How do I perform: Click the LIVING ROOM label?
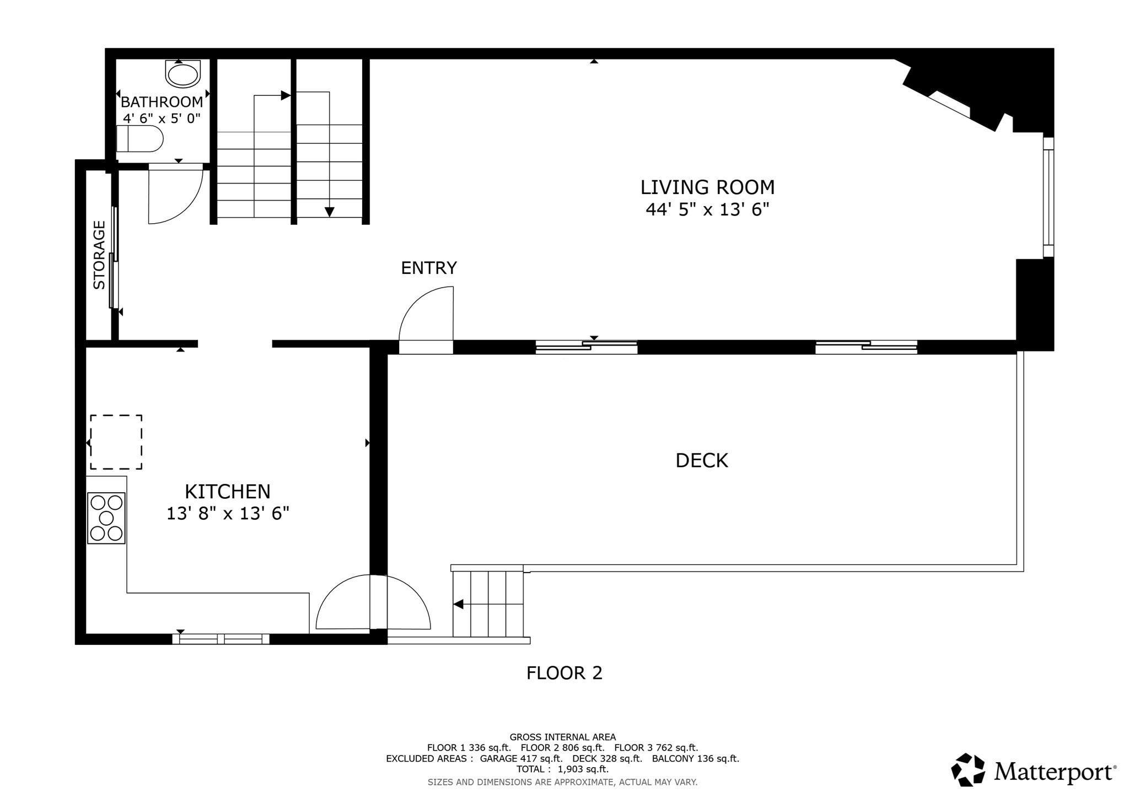tap(707, 187)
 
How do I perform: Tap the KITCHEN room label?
tap(227, 491)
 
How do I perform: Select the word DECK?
tap(702, 461)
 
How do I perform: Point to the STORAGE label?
tap(99, 255)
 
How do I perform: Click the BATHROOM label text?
tap(162, 102)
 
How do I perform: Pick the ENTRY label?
tap(429, 268)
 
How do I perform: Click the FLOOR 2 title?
tap(564, 673)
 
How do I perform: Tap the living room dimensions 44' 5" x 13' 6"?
tap(707, 210)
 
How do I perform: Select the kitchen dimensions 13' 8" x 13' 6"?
tap(228, 514)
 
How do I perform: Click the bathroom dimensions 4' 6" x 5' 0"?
tap(162, 118)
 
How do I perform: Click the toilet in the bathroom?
tap(141, 138)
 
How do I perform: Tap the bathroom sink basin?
tap(183, 75)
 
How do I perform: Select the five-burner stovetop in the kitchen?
tap(106, 518)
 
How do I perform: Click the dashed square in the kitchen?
tap(116, 442)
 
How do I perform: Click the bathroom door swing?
tap(175, 196)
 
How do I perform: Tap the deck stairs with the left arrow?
tap(488, 605)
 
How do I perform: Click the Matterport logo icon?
tap(968, 769)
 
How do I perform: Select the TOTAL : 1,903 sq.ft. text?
tap(562, 769)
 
